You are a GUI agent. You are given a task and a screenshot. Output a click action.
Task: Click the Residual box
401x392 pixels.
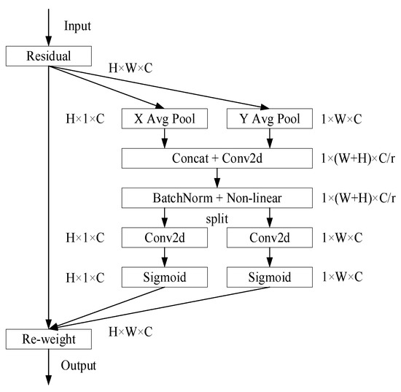(49, 56)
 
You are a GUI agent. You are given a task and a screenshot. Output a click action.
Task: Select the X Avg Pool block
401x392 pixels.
(164, 118)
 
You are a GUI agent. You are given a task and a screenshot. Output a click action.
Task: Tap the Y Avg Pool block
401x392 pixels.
(270, 118)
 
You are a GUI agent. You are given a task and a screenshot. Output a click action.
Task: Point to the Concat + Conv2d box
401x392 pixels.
(217, 157)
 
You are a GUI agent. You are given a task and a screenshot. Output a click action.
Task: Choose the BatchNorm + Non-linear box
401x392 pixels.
(217, 197)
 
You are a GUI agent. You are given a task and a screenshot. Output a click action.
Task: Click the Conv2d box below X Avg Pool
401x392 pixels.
(164, 237)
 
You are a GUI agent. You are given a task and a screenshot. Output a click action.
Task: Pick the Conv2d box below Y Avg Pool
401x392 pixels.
(270, 237)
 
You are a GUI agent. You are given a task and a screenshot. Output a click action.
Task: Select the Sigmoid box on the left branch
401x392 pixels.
(164, 277)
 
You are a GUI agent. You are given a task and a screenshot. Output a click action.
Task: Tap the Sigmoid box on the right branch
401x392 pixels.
(270, 277)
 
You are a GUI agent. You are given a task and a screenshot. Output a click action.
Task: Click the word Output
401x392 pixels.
(78, 365)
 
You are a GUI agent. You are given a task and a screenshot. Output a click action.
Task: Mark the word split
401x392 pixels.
(217, 218)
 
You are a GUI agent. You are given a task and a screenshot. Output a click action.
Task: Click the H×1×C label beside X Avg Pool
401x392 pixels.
(86, 118)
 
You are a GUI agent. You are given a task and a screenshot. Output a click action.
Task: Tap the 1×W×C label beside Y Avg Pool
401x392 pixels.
(343, 118)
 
